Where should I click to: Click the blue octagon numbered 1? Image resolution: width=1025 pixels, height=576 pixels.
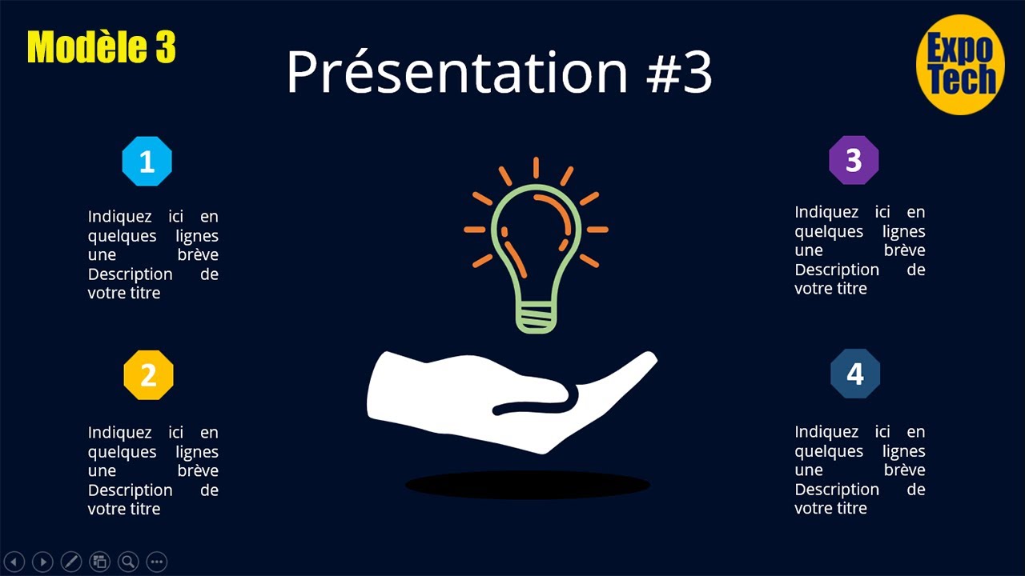[147, 162]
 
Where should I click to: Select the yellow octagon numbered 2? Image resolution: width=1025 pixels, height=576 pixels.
[148, 375]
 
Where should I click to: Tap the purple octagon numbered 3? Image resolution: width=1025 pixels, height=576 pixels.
[854, 161]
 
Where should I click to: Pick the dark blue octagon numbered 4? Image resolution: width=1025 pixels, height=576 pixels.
[855, 374]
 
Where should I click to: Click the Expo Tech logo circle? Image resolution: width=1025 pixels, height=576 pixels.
[960, 65]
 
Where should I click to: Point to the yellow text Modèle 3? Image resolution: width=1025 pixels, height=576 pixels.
[101, 48]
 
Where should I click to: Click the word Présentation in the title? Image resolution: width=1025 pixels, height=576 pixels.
[456, 72]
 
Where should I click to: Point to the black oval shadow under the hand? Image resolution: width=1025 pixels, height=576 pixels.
[527, 485]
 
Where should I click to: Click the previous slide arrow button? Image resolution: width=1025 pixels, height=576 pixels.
[14, 562]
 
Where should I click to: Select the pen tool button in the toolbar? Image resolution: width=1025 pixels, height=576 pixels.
[71, 562]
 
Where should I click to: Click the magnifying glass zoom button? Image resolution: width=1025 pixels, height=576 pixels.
[128, 562]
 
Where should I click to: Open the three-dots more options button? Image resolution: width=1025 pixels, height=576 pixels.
[157, 562]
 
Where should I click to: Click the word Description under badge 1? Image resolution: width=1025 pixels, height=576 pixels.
[130, 274]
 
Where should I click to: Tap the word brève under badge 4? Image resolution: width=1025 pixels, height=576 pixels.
[904, 470]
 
